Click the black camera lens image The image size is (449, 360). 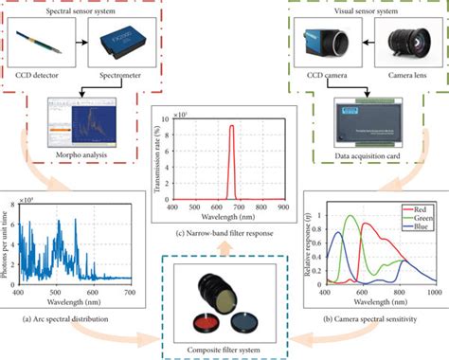click(x=402, y=42)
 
